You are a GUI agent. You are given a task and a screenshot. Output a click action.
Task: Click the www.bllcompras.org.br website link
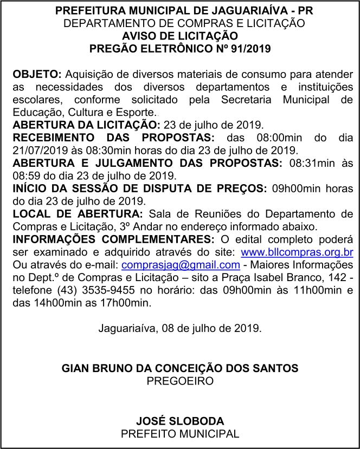point(297,252)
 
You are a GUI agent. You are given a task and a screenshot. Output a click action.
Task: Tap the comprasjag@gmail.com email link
point(181,265)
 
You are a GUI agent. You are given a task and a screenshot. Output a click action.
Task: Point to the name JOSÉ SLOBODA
point(179,421)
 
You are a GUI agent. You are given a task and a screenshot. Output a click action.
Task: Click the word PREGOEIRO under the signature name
point(180,381)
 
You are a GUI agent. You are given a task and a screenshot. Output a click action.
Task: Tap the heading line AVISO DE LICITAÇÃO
point(180,36)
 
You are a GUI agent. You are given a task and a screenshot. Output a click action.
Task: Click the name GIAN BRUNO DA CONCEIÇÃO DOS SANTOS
point(180,368)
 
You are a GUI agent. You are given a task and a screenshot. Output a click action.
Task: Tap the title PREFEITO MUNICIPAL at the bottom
point(180,434)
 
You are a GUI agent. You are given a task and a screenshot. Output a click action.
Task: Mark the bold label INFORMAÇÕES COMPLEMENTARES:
point(112,239)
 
